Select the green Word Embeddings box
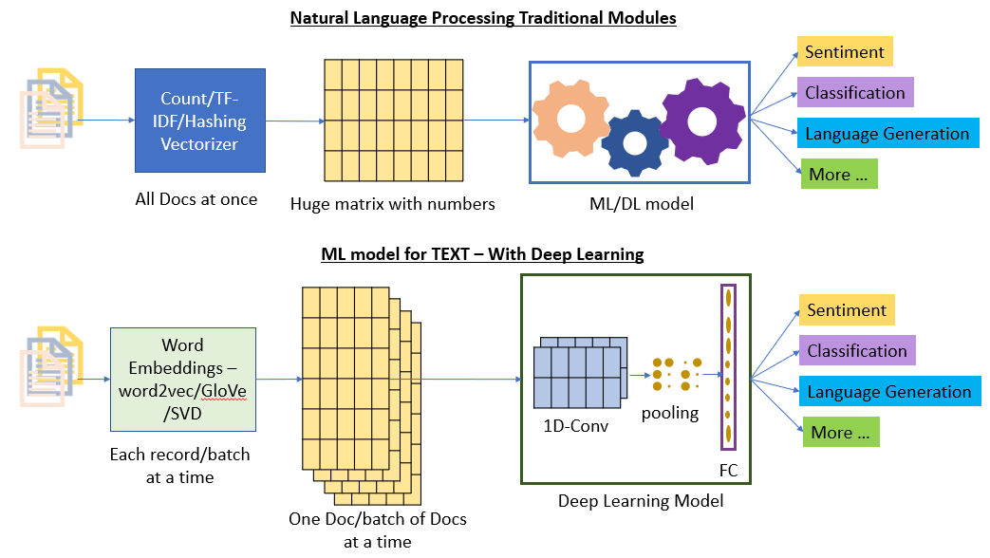183,379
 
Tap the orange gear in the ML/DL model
570,119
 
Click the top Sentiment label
845,51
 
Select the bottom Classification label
856,351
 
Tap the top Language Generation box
887,134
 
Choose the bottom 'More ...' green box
839,433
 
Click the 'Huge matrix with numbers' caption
392,203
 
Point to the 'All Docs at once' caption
196,198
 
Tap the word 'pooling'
670,413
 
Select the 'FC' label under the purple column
728,471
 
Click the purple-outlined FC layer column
728,365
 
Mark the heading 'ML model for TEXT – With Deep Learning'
482,253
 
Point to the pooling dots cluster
677,374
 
